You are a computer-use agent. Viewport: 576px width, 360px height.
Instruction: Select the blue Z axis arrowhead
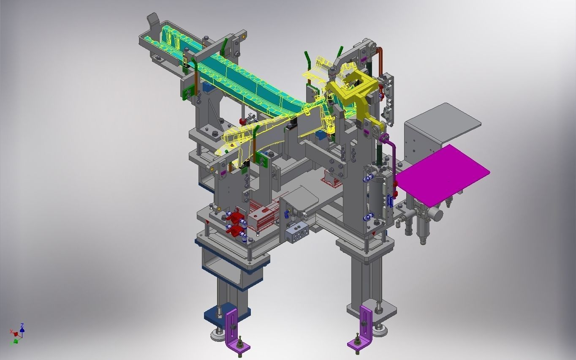(x=22, y=325)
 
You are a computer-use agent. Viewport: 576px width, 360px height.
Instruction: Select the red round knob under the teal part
(x=242, y=122)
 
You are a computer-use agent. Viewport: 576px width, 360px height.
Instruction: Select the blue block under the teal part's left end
(x=207, y=88)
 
